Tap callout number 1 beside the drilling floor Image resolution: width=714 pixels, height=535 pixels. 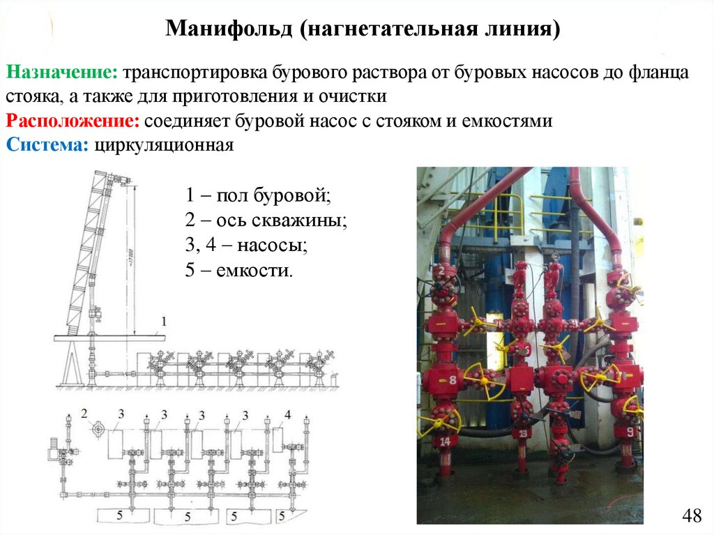pos(163,322)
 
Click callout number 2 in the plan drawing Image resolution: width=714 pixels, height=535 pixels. pos(84,414)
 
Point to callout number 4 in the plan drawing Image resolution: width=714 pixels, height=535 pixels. pos(287,414)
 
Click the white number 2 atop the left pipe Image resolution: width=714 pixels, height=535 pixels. pos(442,270)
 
